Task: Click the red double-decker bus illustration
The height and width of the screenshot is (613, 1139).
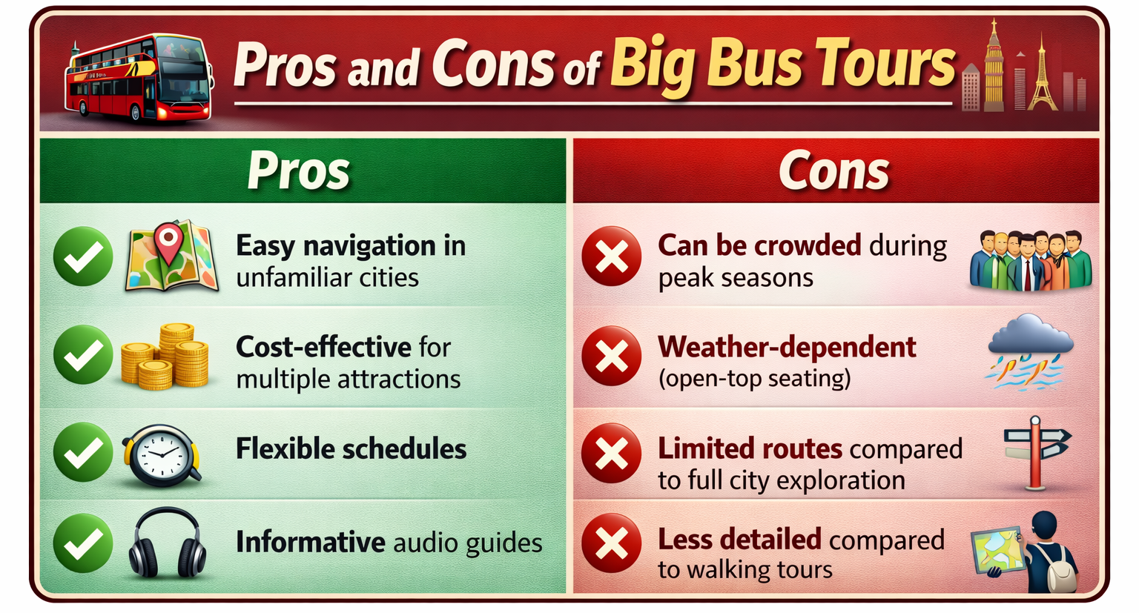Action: tap(137, 78)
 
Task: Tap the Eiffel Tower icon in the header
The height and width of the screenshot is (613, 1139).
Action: tap(1042, 74)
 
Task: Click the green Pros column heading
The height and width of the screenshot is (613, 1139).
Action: tap(298, 170)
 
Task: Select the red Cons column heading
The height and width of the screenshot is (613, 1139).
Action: tap(833, 171)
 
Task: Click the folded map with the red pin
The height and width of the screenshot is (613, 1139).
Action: tap(171, 256)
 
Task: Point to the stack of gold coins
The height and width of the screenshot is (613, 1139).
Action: tap(165, 357)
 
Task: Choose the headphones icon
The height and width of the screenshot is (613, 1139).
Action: tap(167, 543)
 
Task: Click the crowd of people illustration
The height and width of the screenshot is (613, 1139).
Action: tap(1031, 259)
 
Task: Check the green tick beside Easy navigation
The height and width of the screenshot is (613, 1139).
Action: tap(83, 256)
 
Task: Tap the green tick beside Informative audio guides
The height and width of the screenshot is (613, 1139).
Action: tap(83, 543)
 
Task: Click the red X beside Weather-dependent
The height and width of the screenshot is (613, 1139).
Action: tap(612, 356)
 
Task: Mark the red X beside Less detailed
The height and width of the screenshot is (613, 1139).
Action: tap(612, 544)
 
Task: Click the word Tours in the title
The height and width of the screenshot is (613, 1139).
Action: tap(885, 64)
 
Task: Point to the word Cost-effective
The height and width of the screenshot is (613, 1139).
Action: tap(323, 347)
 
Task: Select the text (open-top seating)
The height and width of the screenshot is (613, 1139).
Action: tap(754, 379)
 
